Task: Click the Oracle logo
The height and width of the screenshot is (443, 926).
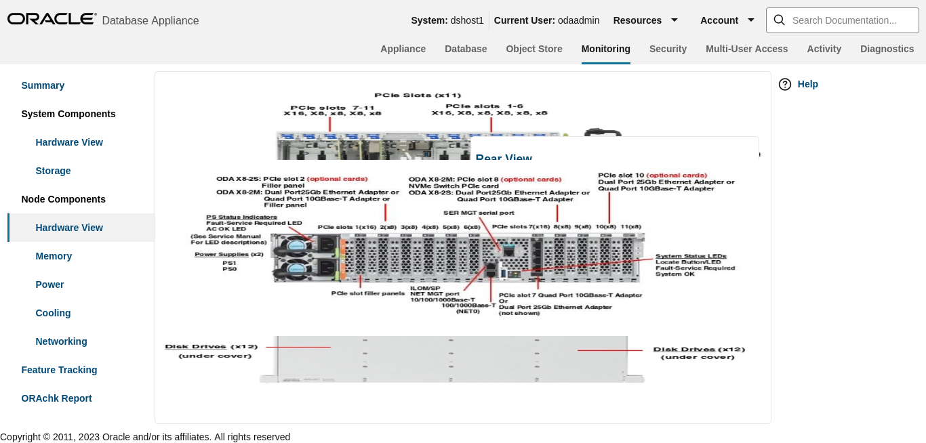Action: point(52,19)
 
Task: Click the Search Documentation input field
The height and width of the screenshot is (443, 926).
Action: point(844,20)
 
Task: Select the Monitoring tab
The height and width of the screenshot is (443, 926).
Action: point(605,49)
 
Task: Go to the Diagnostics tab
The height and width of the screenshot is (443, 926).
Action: point(887,49)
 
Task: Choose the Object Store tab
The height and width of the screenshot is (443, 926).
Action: point(534,49)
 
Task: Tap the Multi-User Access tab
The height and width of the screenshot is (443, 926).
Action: point(746,49)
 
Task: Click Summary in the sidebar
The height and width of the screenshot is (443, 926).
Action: point(43,85)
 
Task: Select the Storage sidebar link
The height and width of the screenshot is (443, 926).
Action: point(53,171)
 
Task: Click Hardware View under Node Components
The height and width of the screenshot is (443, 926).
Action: point(69,228)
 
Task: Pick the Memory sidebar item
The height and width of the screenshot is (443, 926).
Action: point(54,256)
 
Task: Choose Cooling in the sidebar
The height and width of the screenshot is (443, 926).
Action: point(53,313)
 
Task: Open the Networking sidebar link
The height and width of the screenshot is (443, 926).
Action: point(61,341)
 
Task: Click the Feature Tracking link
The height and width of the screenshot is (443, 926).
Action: point(59,370)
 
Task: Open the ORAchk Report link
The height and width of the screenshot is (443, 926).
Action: point(56,398)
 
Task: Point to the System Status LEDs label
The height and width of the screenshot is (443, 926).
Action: point(691,256)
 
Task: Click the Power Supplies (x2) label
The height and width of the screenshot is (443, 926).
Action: point(228,254)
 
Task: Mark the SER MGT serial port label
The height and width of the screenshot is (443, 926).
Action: point(479,213)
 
